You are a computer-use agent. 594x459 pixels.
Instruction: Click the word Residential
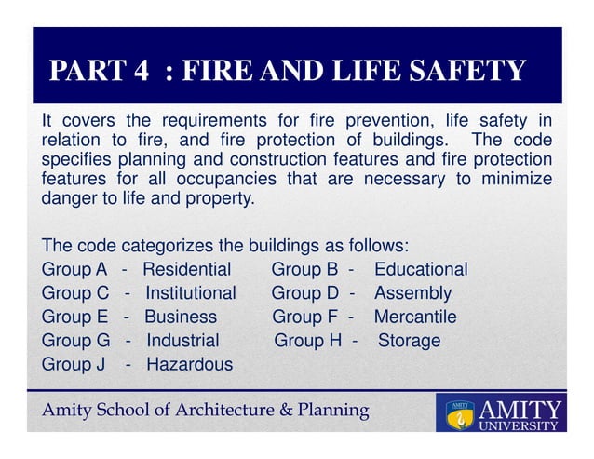186,269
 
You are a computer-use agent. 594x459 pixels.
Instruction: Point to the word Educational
421,269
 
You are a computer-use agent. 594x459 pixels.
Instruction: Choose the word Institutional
191,293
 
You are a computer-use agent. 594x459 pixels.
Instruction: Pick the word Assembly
412,293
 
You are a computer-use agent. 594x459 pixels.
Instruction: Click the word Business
181,317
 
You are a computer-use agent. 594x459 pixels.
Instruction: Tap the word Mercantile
415,317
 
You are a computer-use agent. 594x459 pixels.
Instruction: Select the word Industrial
182,341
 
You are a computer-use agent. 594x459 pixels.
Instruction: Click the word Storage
409,341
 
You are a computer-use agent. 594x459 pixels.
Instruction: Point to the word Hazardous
190,364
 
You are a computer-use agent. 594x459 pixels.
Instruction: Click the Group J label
73,364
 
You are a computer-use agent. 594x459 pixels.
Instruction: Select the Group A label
74,269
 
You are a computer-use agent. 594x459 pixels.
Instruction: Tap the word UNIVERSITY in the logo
519,426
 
